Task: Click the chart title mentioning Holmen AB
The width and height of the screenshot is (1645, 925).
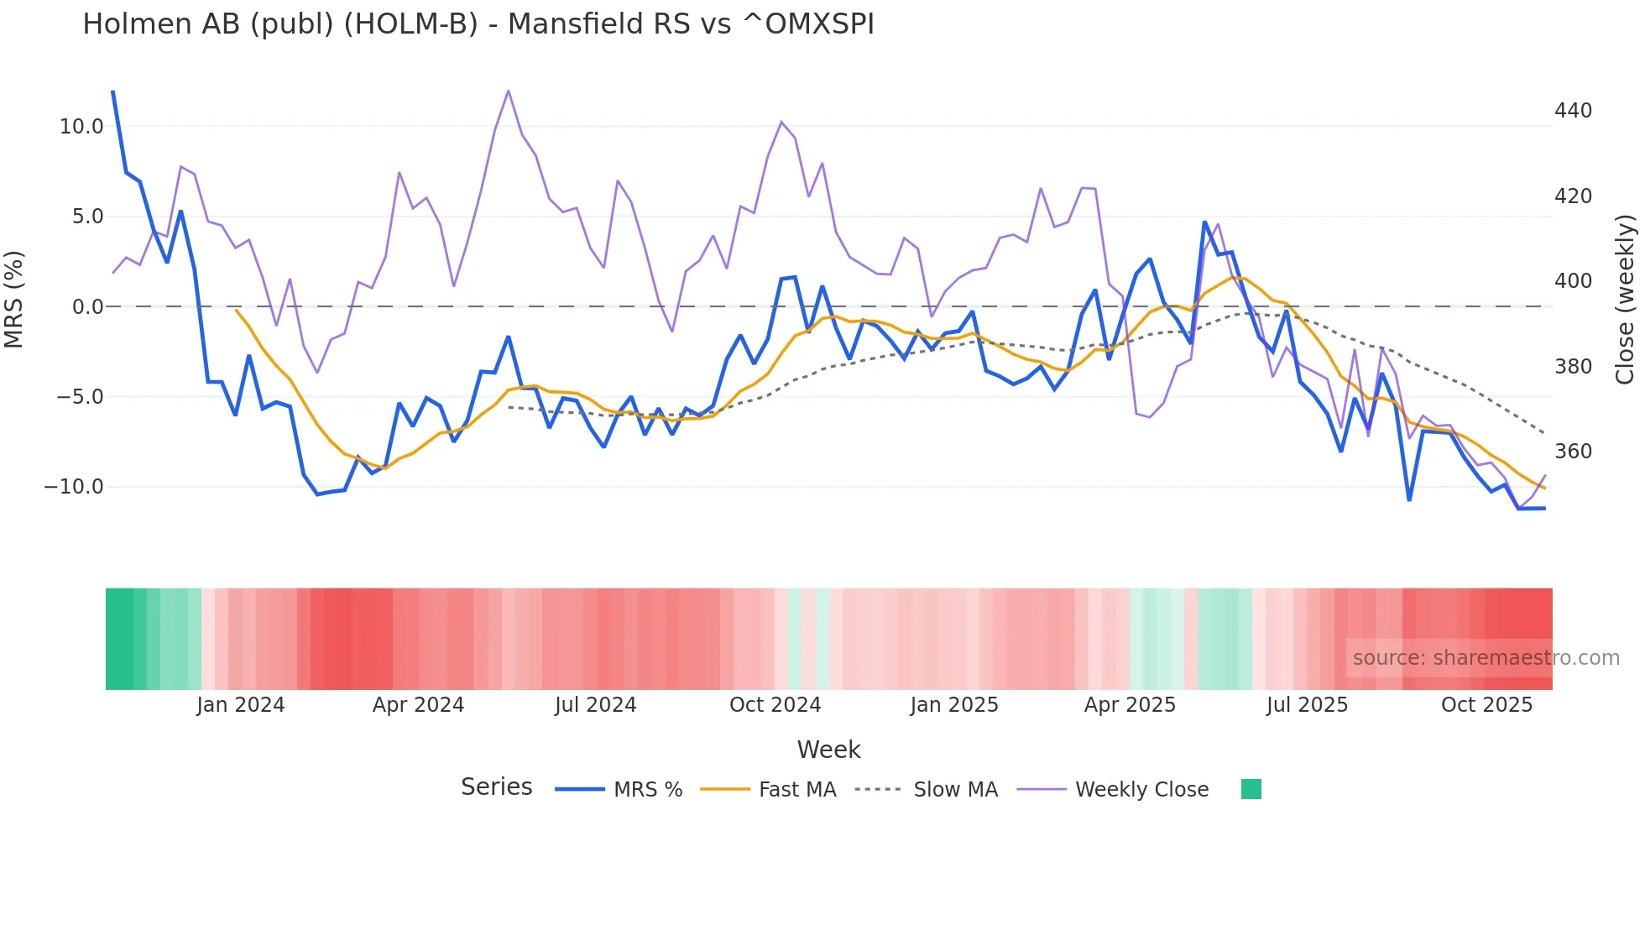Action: (x=478, y=24)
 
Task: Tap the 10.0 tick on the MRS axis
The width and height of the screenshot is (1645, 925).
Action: (x=81, y=127)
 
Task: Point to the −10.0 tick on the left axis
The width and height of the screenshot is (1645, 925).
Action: (x=74, y=487)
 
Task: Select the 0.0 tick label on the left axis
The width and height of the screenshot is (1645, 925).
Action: (x=87, y=307)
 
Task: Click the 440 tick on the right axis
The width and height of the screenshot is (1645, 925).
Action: (x=1573, y=111)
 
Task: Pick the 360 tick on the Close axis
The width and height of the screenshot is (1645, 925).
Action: (x=1573, y=452)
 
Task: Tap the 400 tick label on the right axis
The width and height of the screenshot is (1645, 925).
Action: (x=1573, y=281)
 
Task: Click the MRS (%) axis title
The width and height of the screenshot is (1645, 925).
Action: (x=14, y=300)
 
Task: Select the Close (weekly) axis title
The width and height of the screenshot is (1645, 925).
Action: (x=1625, y=300)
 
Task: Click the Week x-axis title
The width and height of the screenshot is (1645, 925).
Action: (x=828, y=750)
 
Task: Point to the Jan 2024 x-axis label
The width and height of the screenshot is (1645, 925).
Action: (x=241, y=705)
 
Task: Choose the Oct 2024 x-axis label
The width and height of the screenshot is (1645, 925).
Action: (x=775, y=705)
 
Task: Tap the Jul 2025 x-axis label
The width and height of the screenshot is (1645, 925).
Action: (x=1307, y=705)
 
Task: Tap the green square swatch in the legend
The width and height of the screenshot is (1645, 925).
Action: (x=1251, y=789)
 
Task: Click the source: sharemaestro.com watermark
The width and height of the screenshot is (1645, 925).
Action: (x=1486, y=658)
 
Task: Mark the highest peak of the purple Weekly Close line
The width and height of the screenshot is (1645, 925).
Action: (x=509, y=91)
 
